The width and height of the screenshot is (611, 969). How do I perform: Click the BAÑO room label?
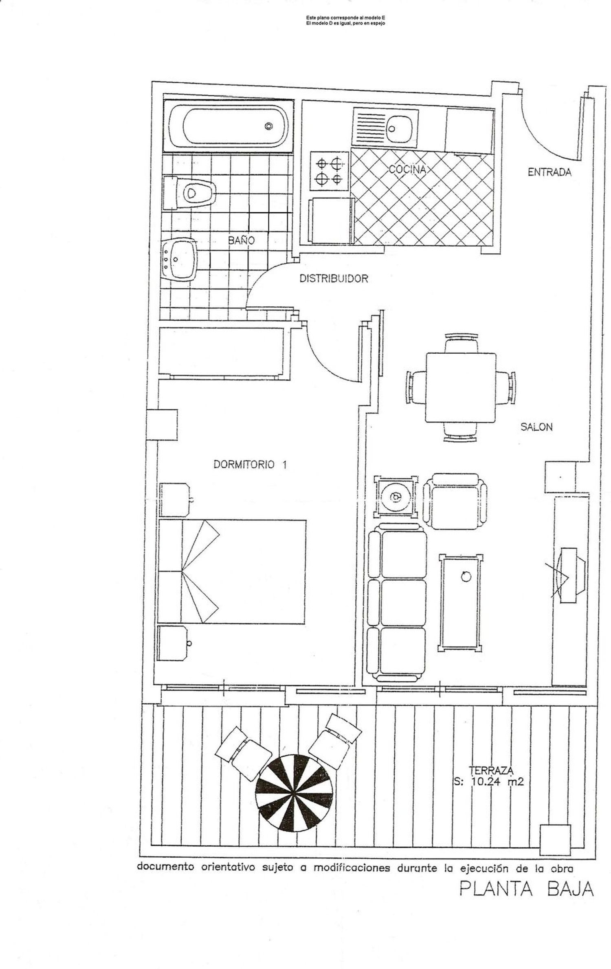(241, 240)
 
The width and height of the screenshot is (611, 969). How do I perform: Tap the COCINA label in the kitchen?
(407, 170)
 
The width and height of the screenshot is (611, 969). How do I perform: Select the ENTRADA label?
(549, 172)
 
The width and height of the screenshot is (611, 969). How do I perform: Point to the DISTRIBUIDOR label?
(334, 279)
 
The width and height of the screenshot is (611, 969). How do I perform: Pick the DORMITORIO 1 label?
(250, 465)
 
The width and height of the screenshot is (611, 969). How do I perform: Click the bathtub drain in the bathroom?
(268, 126)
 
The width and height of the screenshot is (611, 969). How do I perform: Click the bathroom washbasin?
(179, 260)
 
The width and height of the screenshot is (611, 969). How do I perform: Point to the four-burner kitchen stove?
(330, 171)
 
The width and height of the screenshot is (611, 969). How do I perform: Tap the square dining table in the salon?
(461, 388)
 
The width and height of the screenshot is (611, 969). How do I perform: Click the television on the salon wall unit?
(571, 575)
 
